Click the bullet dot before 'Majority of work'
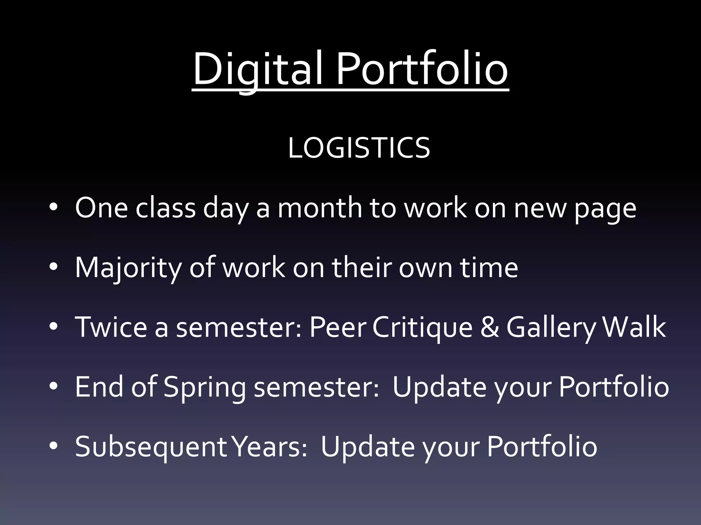(53, 268)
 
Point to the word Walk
(634, 327)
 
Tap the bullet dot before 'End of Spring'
(53, 387)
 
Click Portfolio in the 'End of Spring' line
(614, 387)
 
